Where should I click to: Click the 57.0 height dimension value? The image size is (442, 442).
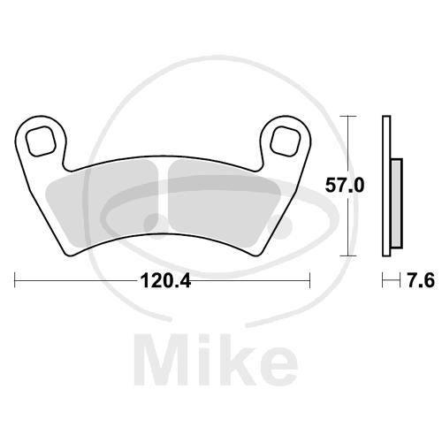(x=345, y=186)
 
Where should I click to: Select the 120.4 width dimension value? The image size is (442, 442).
(x=166, y=280)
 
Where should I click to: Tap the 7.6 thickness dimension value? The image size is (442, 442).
(x=421, y=280)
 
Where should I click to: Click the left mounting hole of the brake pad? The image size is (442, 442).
(x=41, y=141)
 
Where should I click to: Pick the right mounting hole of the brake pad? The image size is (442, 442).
(x=285, y=141)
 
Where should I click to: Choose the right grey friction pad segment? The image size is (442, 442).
(x=224, y=202)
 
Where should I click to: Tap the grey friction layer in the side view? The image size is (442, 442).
(x=397, y=203)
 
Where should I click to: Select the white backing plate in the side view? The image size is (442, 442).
(x=386, y=186)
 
